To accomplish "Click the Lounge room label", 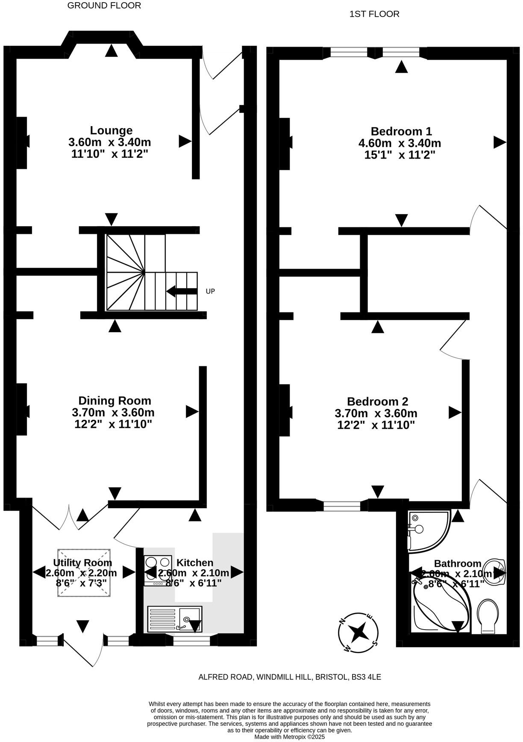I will [x=111, y=130].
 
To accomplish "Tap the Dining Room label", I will [x=115, y=401].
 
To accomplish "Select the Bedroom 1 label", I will [x=401, y=131].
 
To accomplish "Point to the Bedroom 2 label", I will [x=377, y=402].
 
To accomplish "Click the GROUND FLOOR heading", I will [x=104, y=6].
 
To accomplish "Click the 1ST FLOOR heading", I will [x=374, y=14].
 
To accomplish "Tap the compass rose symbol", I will [x=358, y=632].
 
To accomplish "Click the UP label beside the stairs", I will [x=210, y=291].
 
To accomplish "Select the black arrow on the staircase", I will [x=182, y=291].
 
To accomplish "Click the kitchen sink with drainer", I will [x=174, y=619].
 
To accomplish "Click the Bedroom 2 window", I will [x=342, y=506].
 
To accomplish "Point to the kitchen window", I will [x=191, y=640].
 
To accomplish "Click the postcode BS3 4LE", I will [x=366, y=677].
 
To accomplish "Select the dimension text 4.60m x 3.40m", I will [x=400, y=143].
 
